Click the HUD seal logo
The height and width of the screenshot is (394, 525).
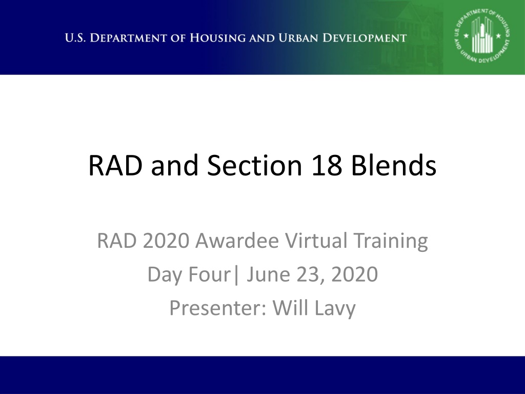pos(482,36)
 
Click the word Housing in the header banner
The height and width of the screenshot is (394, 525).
pos(217,38)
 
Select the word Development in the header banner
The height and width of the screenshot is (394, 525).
pos(365,38)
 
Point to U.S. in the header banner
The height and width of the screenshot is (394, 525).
pos(75,38)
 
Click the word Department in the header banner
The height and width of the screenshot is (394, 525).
pos(129,38)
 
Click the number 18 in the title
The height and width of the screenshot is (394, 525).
pos(327,165)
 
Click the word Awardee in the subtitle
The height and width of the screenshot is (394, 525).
pos(237,241)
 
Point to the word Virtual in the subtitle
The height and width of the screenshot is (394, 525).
pos(316,241)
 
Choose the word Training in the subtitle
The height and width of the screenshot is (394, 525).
pos(391,241)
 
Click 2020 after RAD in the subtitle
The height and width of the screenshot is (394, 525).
pos(166,241)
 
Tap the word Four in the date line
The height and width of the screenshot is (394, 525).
pos(209,274)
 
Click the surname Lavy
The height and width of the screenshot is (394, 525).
pos(335,308)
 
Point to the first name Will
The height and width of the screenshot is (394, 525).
pos(291,308)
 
